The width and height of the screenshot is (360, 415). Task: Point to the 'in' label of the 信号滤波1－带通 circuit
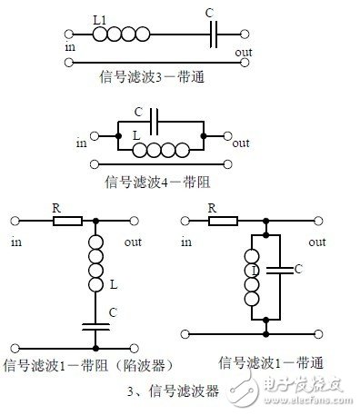[x=185, y=242]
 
